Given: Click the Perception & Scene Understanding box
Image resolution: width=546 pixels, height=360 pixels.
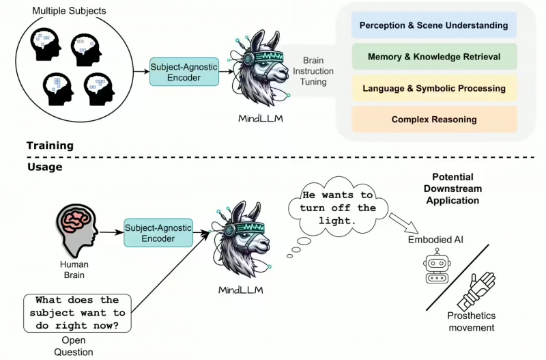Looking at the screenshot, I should click(434, 25).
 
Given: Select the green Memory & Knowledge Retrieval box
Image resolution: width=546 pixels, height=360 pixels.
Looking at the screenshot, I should click(434, 57).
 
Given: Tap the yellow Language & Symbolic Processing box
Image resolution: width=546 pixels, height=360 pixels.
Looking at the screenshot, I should click(434, 88).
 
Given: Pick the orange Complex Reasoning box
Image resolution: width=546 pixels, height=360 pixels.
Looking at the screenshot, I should click(434, 120).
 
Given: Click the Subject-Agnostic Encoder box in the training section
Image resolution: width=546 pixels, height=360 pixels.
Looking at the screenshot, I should click(184, 72).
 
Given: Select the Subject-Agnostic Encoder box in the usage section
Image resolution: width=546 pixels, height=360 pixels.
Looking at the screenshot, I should click(158, 233).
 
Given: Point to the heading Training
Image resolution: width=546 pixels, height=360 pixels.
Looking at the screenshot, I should click(50, 146).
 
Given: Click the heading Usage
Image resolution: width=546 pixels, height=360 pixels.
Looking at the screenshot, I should click(44, 167).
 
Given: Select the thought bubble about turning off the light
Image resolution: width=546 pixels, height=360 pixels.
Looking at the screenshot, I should click(339, 208).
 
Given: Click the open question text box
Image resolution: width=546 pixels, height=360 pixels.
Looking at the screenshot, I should click(77, 312).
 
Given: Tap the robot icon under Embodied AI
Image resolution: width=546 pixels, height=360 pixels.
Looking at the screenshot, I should click(435, 266).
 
